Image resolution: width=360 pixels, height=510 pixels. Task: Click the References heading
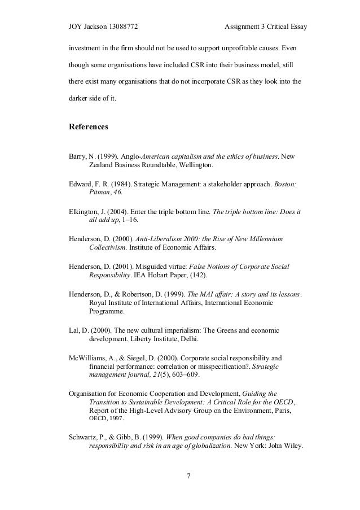click(x=89, y=127)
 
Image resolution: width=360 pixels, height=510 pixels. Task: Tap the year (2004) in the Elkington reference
click(x=125, y=212)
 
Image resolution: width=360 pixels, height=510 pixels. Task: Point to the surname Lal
click(x=74, y=330)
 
